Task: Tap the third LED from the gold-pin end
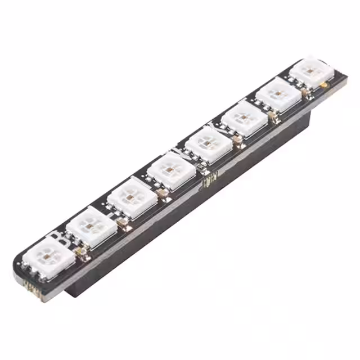pos(131,197)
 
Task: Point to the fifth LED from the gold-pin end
pos(209,143)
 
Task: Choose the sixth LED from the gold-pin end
pos(244,119)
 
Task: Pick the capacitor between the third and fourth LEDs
pos(164,193)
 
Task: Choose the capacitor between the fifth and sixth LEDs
pos(239,139)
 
